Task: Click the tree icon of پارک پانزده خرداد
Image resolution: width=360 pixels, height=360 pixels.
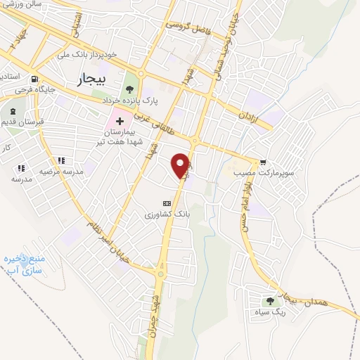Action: (x=129, y=89)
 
